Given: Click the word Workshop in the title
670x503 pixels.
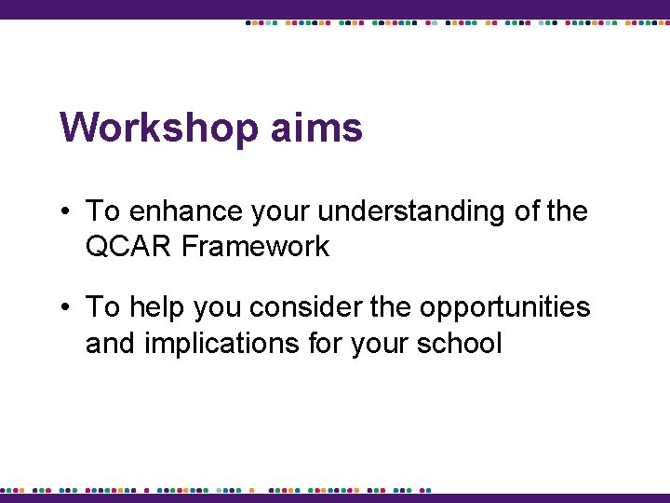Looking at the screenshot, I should point(159,129).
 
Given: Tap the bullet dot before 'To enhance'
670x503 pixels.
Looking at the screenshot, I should point(69,211).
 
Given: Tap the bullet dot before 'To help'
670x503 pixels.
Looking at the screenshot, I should point(69,306).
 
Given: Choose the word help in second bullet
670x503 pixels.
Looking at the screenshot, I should point(156,308).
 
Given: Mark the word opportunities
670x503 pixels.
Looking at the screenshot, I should point(505,308).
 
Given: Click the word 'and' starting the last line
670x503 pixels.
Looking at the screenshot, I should point(108,343).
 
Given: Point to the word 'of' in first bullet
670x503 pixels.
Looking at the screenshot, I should point(527,211).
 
